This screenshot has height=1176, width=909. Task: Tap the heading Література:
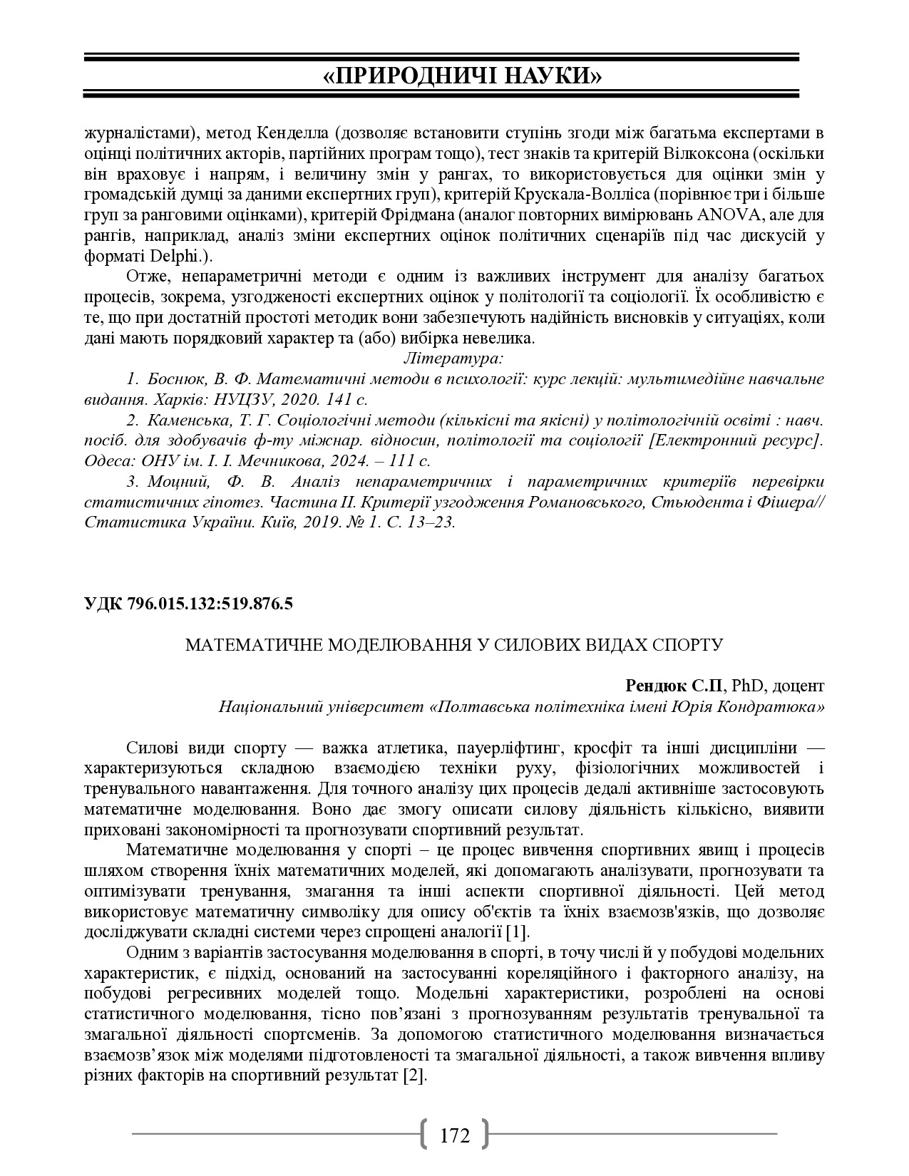pyautogui.click(x=454, y=358)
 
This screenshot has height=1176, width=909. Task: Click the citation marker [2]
pyautogui.click(x=414, y=1076)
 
